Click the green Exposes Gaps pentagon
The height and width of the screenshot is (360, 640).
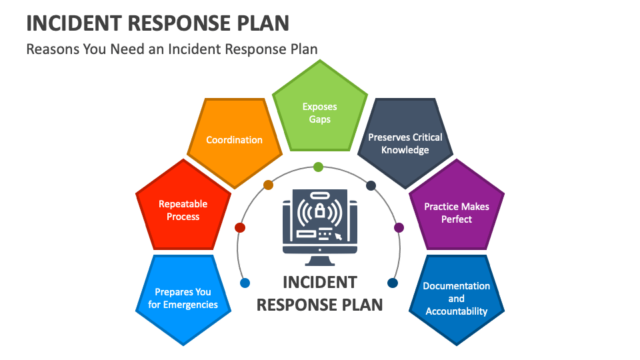click(x=320, y=110)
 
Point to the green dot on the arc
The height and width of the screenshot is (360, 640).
click(x=318, y=167)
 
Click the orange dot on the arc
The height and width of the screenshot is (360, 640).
click(x=268, y=185)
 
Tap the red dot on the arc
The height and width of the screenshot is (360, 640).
click(x=240, y=227)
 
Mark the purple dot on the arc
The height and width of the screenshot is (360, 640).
click(x=399, y=227)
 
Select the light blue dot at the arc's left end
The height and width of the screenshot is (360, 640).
click(x=245, y=283)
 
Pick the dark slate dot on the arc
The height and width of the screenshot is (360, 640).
click(x=371, y=185)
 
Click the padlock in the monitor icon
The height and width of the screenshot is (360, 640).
click(x=320, y=212)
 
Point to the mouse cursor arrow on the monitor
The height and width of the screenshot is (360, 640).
click(x=339, y=235)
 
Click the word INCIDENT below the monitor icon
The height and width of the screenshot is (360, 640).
click(x=320, y=282)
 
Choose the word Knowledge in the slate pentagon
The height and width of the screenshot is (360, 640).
click(x=405, y=150)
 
